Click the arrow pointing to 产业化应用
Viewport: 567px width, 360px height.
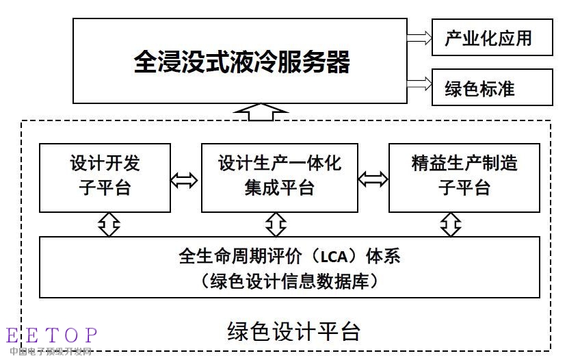pyautogui.click(x=418, y=38)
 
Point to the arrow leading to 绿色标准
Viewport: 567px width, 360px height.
pyautogui.click(x=418, y=85)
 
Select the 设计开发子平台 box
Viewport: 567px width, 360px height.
pyautogui.click(x=105, y=177)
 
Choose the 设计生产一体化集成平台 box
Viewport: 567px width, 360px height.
pyautogui.click(x=279, y=177)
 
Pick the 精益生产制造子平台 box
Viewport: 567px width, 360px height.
pyautogui.click(x=464, y=177)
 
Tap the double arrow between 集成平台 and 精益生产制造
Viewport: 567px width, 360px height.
pyautogui.click(x=373, y=180)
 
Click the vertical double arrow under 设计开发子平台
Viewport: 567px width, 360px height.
pyautogui.click(x=109, y=224)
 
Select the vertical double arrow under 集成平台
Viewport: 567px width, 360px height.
pyautogui.click(x=276, y=224)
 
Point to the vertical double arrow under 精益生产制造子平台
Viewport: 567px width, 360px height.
pyautogui.click(x=450, y=224)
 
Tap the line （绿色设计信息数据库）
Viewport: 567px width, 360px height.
pyautogui.click(x=289, y=281)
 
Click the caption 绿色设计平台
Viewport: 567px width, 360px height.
pyautogui.click(x=293, y=331)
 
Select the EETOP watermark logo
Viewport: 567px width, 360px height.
pyautogui.click(x=52, y=335)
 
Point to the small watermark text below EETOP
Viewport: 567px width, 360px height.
pyautogui.click(x=51, y=352)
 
